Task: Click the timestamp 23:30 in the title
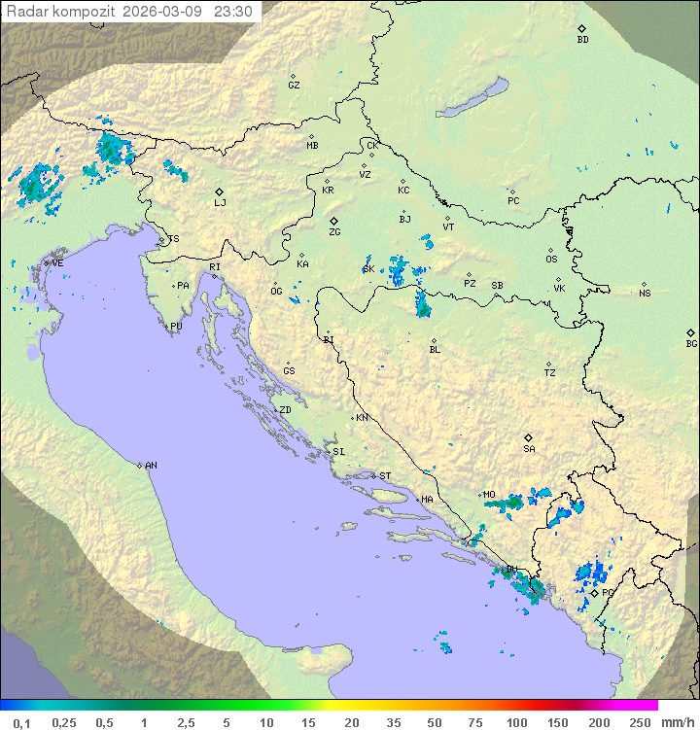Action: [x=234, y=12]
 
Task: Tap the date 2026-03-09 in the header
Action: [x=168, y=12]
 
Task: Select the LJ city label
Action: [x=220, y=203]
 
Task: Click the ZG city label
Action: [x=334, y=232]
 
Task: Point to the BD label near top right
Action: [x=582, y=40]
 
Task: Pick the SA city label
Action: [x=529, y=449]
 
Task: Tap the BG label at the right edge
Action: [x=691, y=343]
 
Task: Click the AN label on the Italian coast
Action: [x=151, y=466]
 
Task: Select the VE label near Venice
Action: [x=57, y=262]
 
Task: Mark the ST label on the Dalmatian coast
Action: [x=385, y=476]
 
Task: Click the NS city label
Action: [x=645, y=293]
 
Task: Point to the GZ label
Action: [x=294, y=86]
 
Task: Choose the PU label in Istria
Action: [x=176, y=327]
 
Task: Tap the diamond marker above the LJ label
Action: [x=220, y=191]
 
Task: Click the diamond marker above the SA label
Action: [x=529, y=437]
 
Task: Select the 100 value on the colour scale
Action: [x=516, y=722]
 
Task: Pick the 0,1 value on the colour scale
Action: [x=21, y=722]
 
